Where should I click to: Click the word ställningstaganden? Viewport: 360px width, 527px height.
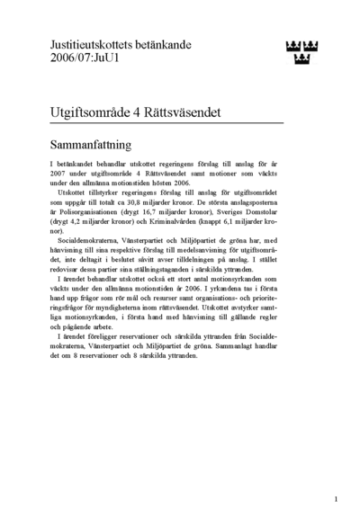pos(175,281)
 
